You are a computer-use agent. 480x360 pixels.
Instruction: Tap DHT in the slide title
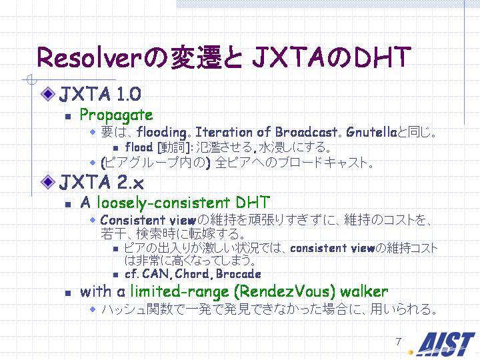coord(383,57)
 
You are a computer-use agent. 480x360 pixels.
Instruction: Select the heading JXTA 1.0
coord(100,94)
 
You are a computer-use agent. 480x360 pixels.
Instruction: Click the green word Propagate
coord(116,116)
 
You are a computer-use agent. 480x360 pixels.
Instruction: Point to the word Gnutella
coord(371,132)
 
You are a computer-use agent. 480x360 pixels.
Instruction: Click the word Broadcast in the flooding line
coord(306,132)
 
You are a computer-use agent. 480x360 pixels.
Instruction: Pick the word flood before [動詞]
coord(139,147)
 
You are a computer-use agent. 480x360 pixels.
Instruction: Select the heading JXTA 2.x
coord(101,182)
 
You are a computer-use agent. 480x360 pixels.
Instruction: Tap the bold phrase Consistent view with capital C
coord(148,220)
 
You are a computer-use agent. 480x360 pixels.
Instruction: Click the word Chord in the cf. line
coord(191,274)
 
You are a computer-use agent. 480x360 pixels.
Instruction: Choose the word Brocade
coord(239,274)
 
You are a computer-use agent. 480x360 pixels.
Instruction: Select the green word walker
coord(364,291)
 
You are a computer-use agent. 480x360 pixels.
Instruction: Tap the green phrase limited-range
coord(180,291)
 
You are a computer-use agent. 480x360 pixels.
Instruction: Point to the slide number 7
coord(398,341)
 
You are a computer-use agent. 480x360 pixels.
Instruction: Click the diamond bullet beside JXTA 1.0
coord(48,94)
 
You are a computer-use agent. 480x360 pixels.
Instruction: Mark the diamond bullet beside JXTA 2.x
coord(48,182)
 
